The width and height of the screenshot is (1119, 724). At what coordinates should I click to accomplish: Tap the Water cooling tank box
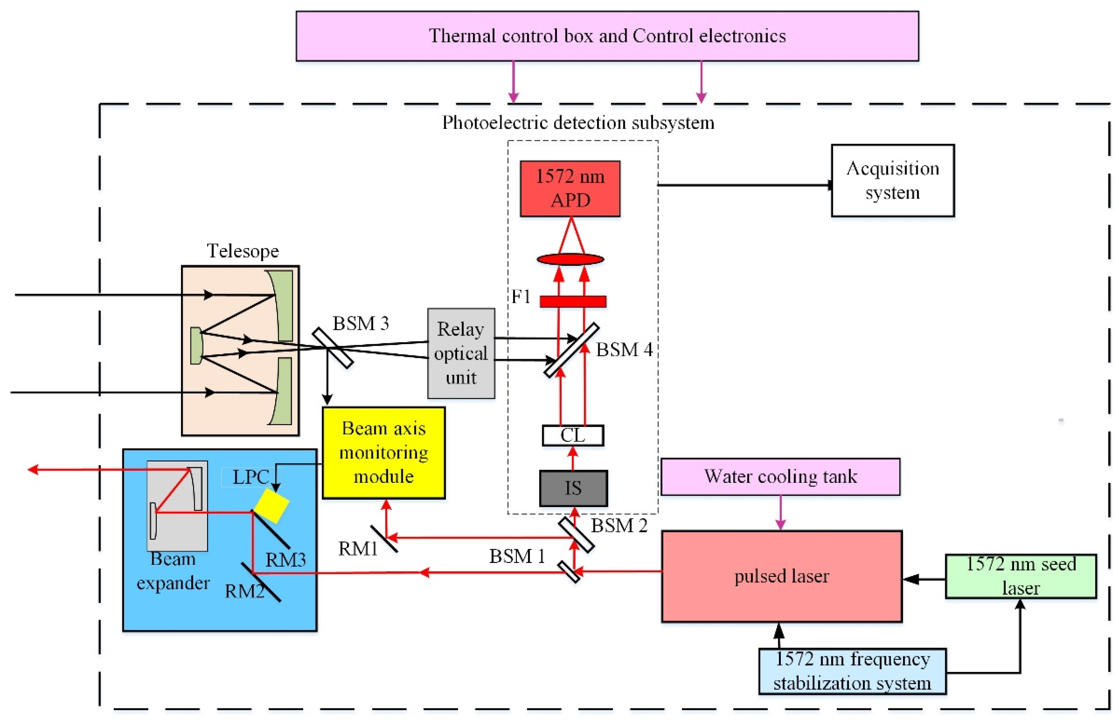coord(780,476)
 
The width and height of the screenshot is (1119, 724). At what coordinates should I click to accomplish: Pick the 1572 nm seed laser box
coord(1020,576)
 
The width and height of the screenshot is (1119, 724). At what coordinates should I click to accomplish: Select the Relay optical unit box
coord(461,353)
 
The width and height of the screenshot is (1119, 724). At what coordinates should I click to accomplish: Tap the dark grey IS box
coord(573,488)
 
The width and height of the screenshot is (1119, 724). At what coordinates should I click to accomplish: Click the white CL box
coord(572,435)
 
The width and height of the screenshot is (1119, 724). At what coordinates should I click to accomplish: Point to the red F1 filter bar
coord(572,301)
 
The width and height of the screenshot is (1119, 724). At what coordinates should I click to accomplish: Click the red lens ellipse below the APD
coord(570,259)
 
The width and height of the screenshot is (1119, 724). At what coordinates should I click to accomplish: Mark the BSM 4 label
coord(624,350)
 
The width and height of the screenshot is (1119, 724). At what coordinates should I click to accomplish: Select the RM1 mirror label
coord(358,548)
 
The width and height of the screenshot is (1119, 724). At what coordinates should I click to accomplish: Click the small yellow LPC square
coord(271,505)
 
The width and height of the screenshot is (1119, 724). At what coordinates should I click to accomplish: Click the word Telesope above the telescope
coord(243,251)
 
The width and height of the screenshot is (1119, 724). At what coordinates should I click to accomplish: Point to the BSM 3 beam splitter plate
coord(332,348)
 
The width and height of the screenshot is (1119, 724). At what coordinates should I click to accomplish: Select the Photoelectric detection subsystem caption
coord(578,123)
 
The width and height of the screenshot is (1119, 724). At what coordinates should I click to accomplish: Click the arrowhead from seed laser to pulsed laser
coord(911,579)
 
